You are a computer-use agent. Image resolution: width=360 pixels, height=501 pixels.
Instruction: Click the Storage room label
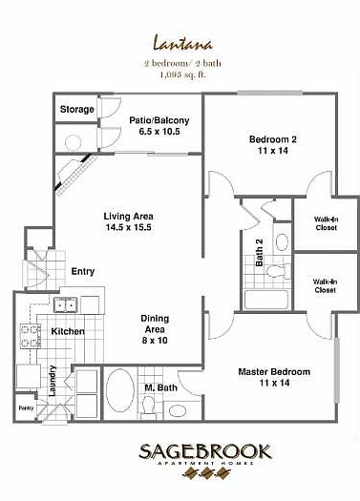tap(77, 110)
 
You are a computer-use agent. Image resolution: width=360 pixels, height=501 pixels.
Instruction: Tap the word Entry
tap(83, 272)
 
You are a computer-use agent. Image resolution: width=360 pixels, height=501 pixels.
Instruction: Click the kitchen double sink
tap(65, 305)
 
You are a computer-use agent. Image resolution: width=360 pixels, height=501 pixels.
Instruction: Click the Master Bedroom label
tap(272, 377)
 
